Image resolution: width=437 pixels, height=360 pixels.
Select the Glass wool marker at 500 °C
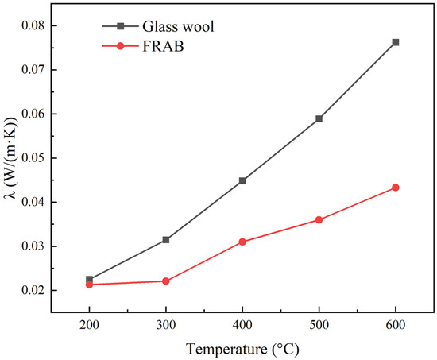(x=319, y=118)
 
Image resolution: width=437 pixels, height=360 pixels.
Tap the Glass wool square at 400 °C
(x=242, y=180)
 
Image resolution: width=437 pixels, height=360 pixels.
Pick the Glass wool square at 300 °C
(x=166, y=239)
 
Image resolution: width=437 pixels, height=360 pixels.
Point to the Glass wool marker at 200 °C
(x=89, y=279)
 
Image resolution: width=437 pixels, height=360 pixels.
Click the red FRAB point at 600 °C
(x=396, y=188)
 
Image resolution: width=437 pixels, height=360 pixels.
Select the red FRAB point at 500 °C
(x=319, y=219)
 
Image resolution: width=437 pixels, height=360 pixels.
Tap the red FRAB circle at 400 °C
(x=242, y=242)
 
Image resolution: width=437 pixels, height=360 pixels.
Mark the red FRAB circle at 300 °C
(x=166, y=281)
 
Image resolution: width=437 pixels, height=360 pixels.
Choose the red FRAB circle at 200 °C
(x=89, y=285)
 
